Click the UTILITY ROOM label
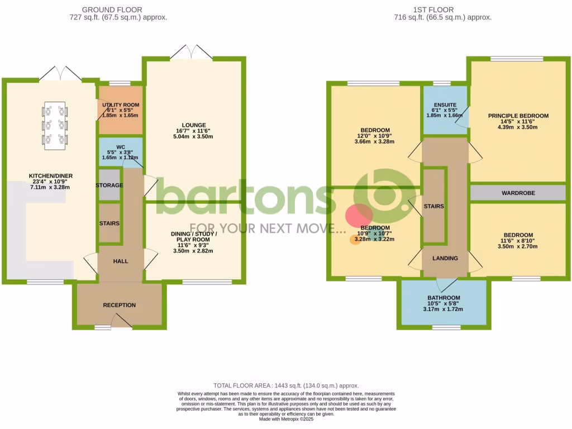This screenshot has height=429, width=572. pyautogui.click(x=121, y=104)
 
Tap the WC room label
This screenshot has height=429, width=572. pyautogui.click(x=121, y=148)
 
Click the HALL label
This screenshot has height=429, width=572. pyautogui.click(x=121, y=261)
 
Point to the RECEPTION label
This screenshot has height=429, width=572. pyautogui.click(x=119, y=305)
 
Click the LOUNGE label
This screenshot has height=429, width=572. pyautogui.click(x=194, y=125)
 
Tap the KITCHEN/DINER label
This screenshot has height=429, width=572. pyautogui.click(x=51, y=176)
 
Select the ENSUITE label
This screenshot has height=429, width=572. pyautogui.click(x=445, y=104)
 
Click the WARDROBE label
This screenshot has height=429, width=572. pyautogui.click(x=518, y=193)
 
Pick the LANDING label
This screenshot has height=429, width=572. pyautogui.click(x=445, y=258)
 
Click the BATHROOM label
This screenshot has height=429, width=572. pyautogui.click(x=444, y=298)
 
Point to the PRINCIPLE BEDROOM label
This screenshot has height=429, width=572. pyautogui.click(x=518, y=116)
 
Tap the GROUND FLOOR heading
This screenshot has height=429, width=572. pyautogui.click(x=112, y=9)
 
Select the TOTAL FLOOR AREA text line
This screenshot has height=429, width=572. pyautogui.click(x=286, y=385)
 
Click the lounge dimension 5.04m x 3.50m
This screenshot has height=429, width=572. pyautogui.click(x=194, y=136)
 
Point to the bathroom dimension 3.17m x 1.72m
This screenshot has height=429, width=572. pyautogui.click(x=444, y=309)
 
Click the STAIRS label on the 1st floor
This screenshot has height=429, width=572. pyautogui.click(x=433, y=206)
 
